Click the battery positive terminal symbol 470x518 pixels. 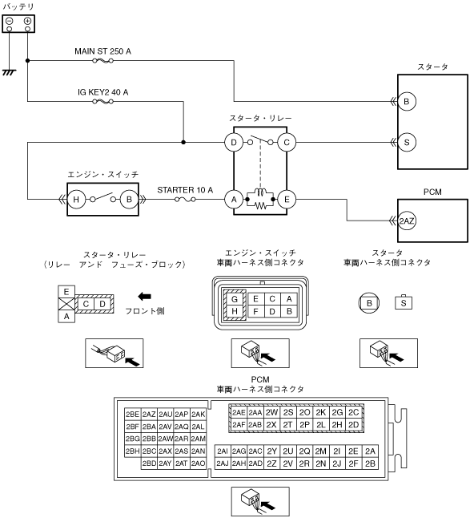tap(27, 21)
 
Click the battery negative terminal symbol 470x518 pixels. tap(10, 21)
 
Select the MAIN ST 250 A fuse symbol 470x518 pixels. tap(103, 61)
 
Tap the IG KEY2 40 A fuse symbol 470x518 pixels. tap(103, 101)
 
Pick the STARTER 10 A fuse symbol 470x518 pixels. tap(185, 200)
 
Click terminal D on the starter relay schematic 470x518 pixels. tap(234, 143)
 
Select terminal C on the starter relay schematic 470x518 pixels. tap(287, 143)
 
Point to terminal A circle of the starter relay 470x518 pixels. tap(234, 200)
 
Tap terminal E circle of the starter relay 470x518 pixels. tap(287, 200)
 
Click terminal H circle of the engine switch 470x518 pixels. tap(76, 200)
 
